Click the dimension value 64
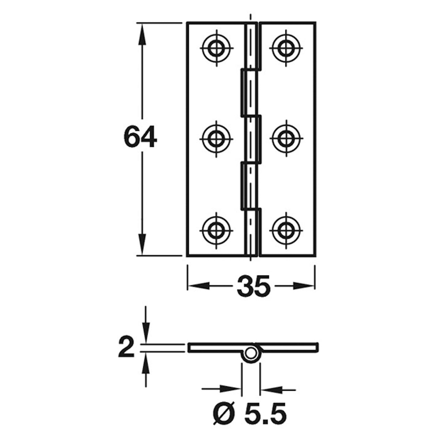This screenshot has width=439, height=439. click(140, 137)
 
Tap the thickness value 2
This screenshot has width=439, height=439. click(127, 347)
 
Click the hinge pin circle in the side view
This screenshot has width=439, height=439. click(251, 353)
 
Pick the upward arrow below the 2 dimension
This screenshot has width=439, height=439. click(146, 362)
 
